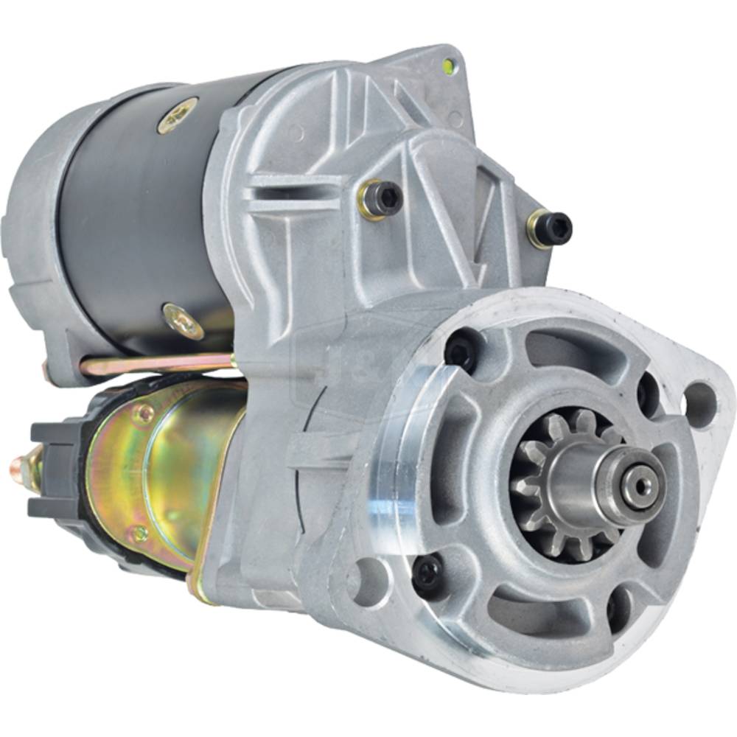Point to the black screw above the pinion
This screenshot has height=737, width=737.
[463, 349]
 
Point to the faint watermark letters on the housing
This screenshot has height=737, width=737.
[354, 368]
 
